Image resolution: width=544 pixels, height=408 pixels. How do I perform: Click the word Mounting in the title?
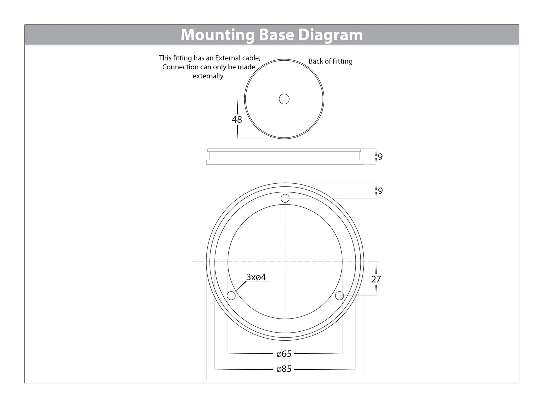click(217, 35)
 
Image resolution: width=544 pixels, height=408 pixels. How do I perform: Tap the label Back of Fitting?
click(330, 61)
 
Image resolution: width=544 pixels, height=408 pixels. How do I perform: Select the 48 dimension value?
click(236, 120)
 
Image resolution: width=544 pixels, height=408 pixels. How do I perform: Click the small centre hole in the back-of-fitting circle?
click(284, 99)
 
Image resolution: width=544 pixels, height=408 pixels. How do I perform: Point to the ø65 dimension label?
click(284, 354)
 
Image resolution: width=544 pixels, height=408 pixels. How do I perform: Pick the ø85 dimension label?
click(284, 369)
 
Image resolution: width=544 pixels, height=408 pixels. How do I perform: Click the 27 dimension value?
click(376, 279)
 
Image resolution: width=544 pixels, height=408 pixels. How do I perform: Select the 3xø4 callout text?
click(256, 277)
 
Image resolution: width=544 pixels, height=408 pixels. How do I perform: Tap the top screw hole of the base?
click(285, 198)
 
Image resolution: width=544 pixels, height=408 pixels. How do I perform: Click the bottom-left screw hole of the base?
click(231, 295)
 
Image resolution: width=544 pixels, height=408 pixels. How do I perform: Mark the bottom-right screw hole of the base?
click(339, 295)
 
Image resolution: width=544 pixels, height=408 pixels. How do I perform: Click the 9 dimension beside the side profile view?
click(380, 157)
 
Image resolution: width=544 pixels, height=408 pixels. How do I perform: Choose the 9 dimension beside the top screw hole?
click(380, 191)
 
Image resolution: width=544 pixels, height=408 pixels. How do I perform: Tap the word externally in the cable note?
click(208, 76)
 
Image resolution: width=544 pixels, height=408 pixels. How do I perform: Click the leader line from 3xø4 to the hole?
click(241, 286)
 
